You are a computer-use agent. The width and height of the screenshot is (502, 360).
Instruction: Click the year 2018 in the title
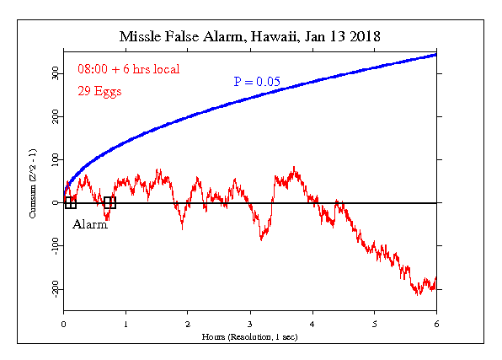365,37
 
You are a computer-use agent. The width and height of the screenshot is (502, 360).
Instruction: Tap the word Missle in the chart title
141,37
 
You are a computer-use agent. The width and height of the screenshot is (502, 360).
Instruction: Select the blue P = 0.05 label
257,82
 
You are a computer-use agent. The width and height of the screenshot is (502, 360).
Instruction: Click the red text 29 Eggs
99,91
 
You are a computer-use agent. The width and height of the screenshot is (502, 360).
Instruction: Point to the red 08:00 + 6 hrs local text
129,69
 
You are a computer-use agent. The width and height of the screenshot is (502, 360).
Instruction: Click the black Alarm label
90,224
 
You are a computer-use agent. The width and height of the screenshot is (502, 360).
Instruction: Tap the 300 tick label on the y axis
56,73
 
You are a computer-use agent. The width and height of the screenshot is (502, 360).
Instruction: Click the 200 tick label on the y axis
56,116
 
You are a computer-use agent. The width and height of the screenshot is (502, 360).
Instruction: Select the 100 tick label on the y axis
56,159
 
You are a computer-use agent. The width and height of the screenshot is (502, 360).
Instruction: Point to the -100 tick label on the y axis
56,246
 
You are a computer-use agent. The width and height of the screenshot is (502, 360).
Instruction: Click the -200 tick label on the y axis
56,289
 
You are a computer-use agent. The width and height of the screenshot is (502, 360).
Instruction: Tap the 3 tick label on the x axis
250,324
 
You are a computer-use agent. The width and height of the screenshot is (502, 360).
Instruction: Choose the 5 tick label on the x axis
374,324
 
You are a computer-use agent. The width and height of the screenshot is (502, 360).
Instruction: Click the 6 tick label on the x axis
436,324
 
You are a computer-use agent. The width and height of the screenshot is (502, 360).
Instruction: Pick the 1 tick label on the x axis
125,324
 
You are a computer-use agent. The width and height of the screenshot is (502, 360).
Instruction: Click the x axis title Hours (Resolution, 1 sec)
249,337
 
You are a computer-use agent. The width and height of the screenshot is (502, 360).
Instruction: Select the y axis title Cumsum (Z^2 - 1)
33,184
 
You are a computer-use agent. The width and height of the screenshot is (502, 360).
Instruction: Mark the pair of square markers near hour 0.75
109,203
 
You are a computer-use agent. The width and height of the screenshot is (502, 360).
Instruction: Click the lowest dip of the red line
417,294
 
